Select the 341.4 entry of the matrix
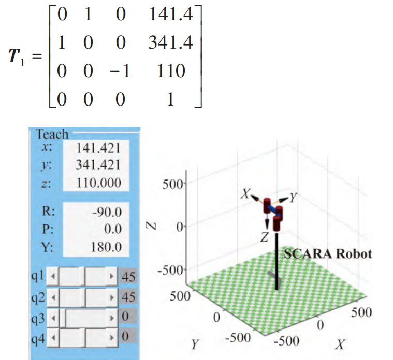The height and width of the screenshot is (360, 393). point(170,42)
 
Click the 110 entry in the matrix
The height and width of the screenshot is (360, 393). point(170,70)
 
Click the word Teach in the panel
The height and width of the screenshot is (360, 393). point(52,134)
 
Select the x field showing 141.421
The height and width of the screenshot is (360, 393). point(98,148)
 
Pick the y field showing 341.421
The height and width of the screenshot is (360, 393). point(98,165)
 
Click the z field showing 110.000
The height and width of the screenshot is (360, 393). point(98,182)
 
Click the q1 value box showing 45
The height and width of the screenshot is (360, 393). point(128,277)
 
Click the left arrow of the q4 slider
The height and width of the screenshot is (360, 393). point(52,337)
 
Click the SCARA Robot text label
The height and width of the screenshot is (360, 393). point(328,254)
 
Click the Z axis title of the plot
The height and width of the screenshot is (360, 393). point(150,226)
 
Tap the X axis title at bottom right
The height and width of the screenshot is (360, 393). point(341,344)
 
